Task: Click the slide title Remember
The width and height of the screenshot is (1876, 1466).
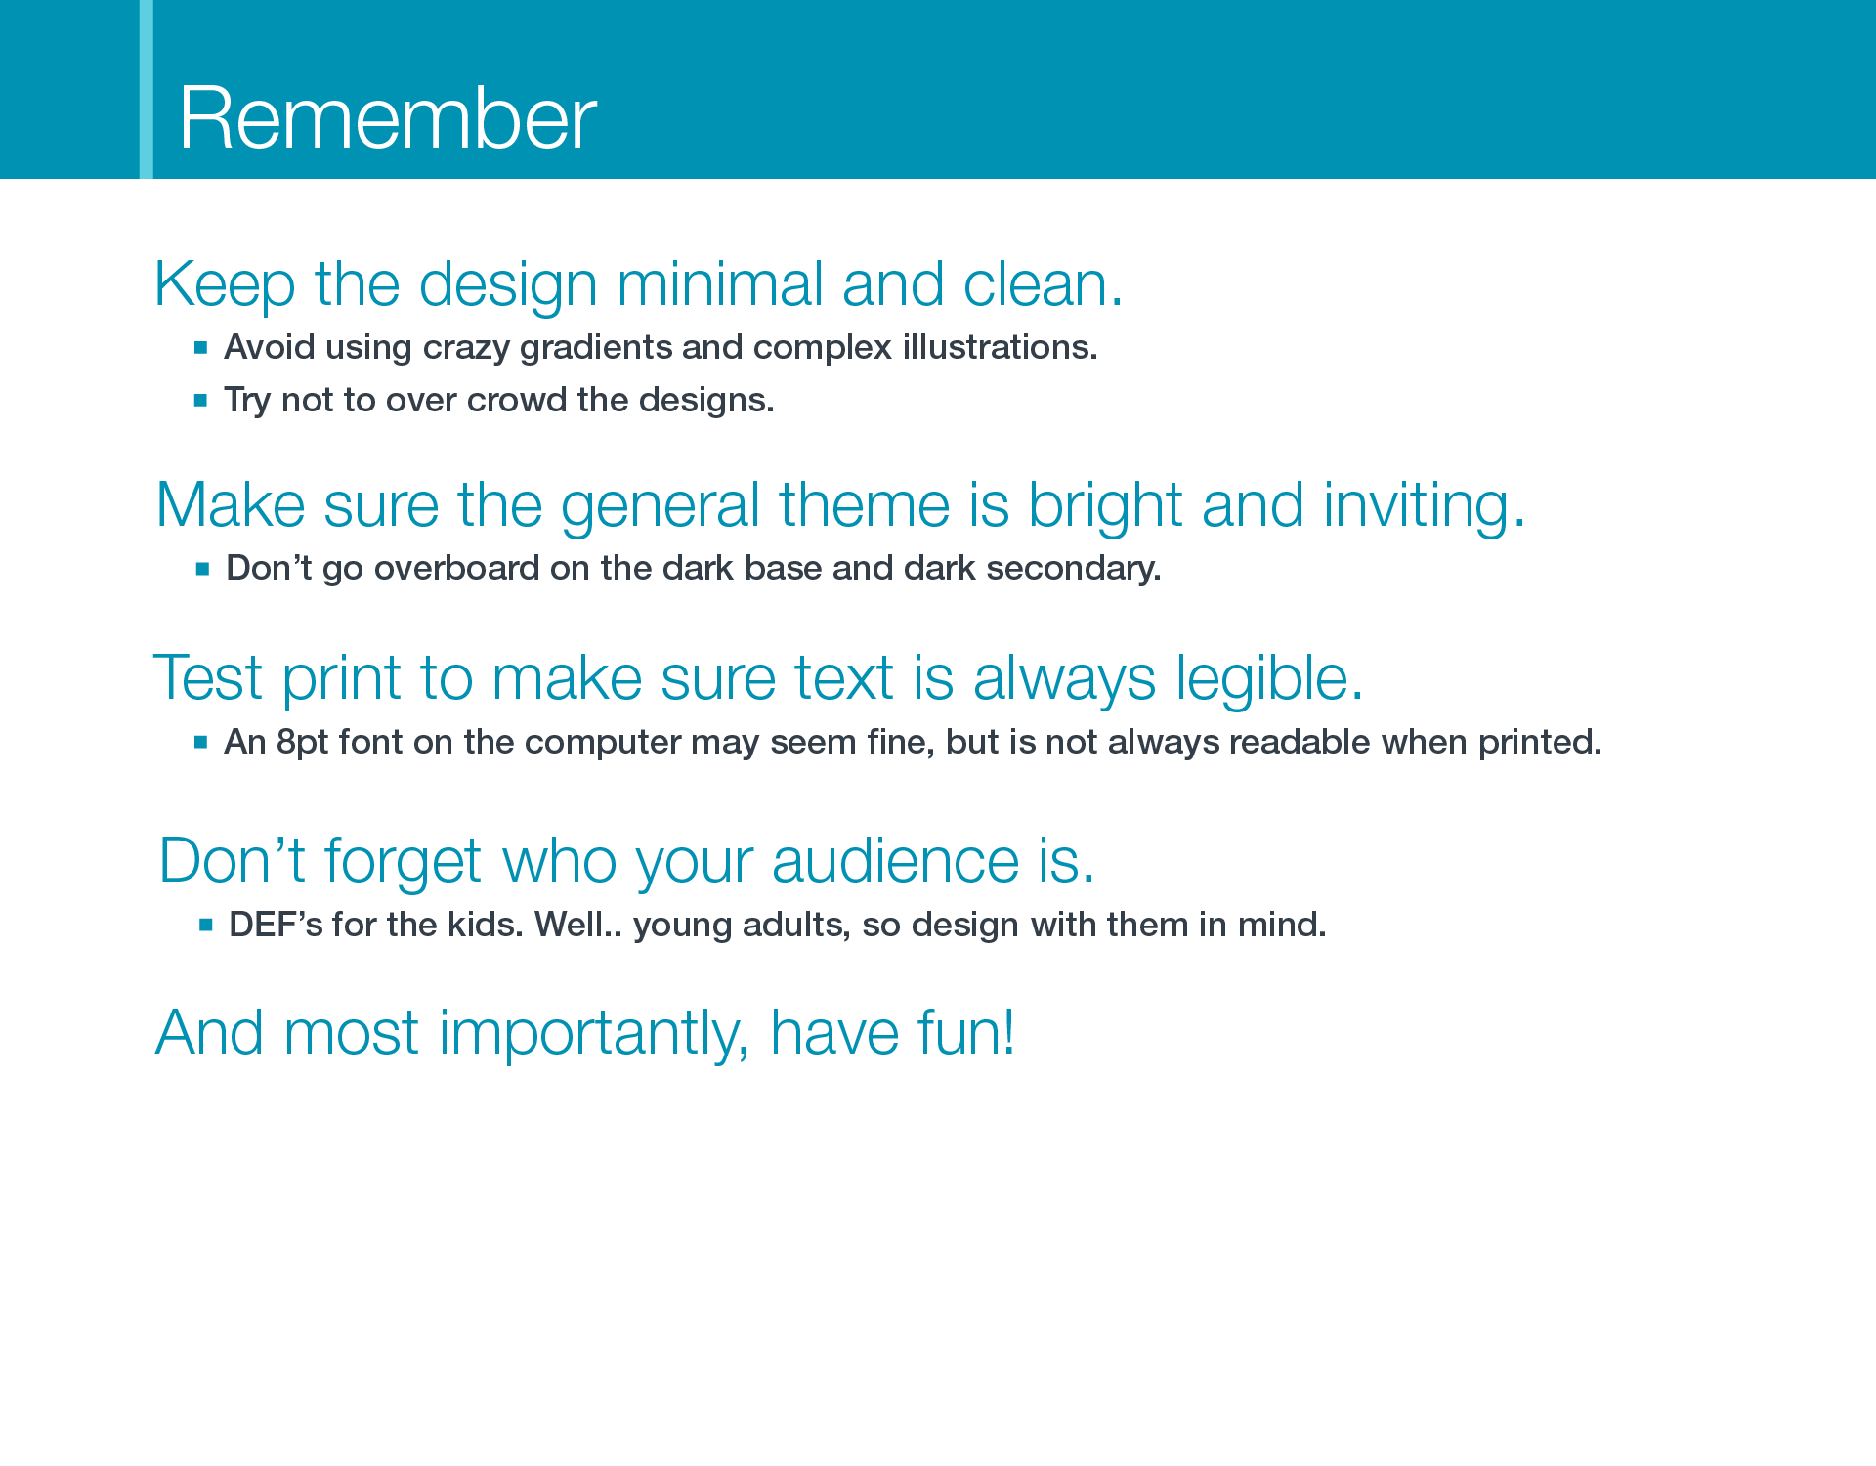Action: pos(388,118)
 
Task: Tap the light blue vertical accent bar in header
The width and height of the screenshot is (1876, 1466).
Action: pos(147,89)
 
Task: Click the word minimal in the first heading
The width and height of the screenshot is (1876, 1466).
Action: pos(719,284)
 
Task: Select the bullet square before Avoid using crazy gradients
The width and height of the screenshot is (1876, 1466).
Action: pos(200,347)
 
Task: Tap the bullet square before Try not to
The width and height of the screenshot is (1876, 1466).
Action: pos(200,400)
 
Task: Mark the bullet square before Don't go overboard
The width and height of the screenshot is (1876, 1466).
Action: pos(202,569)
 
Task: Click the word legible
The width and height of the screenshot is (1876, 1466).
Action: pos(1268,678)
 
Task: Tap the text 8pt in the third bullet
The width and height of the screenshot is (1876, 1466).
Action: pos(302,743)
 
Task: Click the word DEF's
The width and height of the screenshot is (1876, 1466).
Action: pos(276,925)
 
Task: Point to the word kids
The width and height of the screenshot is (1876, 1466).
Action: pos(486,925)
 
